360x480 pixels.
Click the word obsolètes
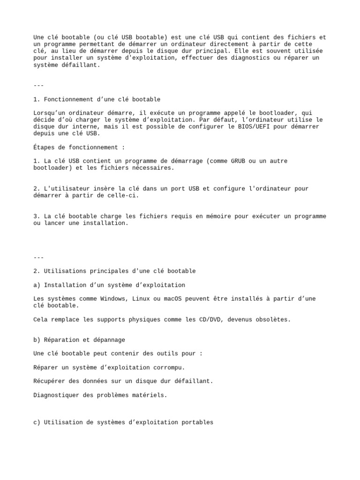tap(274, 319)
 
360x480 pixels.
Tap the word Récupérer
tap(50, 381)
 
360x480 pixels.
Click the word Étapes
tap(44, 147)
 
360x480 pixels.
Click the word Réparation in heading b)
tap(62, 340)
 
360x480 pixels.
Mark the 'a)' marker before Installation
tap(37, 285)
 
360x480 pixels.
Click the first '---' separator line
tap(38, 85)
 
